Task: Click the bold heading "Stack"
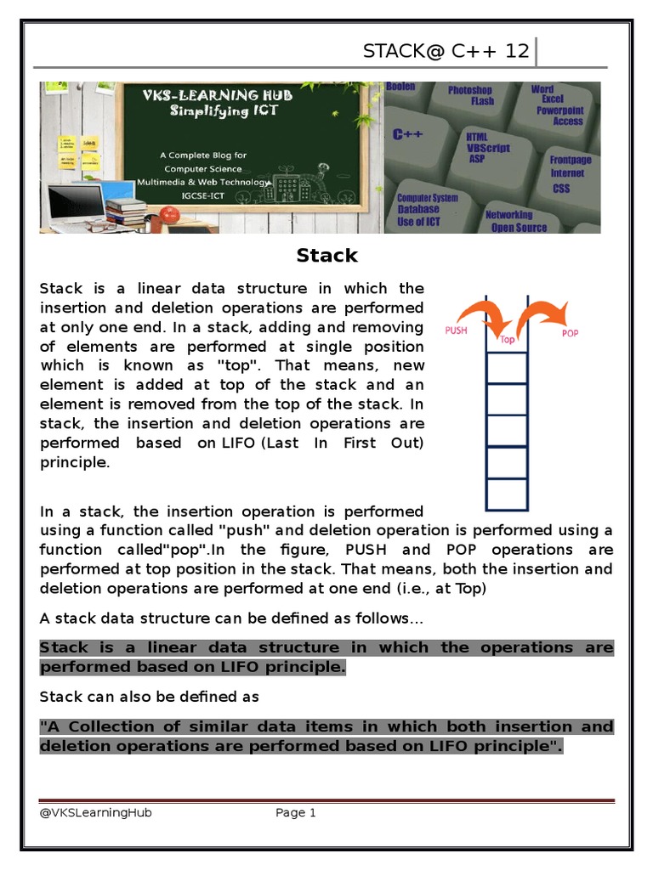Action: tap(327, 256)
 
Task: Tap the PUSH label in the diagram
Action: tap(457, 330)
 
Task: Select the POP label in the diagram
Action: tap(570, 333)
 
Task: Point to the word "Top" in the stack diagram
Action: tap(508, 340)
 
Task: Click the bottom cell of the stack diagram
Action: tap(508, 494)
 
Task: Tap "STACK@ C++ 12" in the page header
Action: tap(446, 51)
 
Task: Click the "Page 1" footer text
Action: tap(296, 813)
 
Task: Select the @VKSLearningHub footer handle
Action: tap(95, 813)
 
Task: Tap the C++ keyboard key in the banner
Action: tap(408, 135)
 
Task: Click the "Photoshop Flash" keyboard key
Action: tap(471, 95)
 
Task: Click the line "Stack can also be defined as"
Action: tap(149, 697)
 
